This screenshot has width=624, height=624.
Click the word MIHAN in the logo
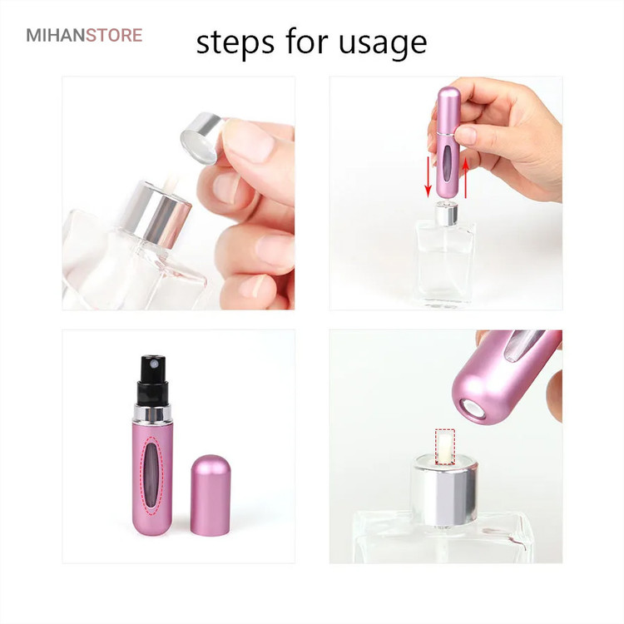(56, 35)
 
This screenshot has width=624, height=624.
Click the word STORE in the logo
(114, 35)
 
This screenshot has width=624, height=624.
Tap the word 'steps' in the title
(235, 42)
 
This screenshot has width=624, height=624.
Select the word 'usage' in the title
(383, 42)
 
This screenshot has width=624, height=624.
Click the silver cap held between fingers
(201, 137)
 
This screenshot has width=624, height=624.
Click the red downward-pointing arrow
(428, 176)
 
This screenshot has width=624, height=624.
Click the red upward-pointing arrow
(466, 176)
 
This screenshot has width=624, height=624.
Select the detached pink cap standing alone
(210, 495)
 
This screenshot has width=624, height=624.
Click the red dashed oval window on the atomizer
(153, 476)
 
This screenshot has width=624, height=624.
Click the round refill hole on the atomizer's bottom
(473, 409)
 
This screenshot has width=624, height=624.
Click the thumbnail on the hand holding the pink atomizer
(466, 136)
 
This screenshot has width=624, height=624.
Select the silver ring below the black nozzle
(152, 414)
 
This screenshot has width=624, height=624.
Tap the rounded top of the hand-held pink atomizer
(449, 97)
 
